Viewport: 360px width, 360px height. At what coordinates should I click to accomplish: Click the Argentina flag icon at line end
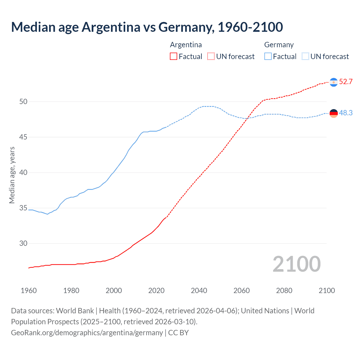coord(334,82)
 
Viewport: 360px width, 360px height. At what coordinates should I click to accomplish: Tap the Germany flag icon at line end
coord(334,113)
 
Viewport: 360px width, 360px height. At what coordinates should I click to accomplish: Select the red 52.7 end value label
coord(346,82)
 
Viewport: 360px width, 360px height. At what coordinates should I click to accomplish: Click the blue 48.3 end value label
coord(346,113)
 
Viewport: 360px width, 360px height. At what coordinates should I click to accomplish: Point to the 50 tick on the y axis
coord(23,102)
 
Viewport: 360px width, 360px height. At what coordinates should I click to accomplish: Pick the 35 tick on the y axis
coord(23,208)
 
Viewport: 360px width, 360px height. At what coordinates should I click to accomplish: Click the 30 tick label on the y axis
coord(23,244)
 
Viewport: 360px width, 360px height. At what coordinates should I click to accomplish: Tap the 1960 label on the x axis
coord(29,291)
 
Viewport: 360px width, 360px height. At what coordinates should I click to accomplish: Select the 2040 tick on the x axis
coord(199,291)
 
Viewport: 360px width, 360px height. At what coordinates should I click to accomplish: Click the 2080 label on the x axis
coord(284,291)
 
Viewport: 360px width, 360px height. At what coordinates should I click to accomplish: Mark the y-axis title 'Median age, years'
coord(12,175)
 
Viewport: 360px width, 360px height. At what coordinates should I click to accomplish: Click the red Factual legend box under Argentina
coord(174,57)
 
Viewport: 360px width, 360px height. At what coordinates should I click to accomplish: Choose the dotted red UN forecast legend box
coord(211,57)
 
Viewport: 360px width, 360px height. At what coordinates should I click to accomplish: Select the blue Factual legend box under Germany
coord(268,57)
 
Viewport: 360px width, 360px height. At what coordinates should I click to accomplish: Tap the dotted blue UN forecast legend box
coord(305,57)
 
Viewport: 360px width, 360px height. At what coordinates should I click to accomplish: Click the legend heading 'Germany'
coord(279,45)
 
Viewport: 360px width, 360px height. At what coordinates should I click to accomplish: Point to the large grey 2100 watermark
coord(296,264)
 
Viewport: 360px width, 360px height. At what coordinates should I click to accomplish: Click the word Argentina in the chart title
coord(111,27)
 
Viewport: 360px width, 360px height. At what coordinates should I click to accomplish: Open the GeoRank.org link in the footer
coord(87,333)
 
